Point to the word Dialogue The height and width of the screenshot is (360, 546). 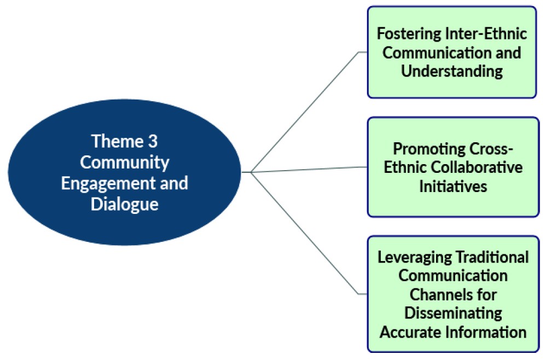click(125, 204)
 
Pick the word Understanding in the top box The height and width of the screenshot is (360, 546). click(452, 71)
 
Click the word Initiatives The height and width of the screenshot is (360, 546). click(452, 186)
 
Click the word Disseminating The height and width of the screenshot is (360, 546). click(452, 313)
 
